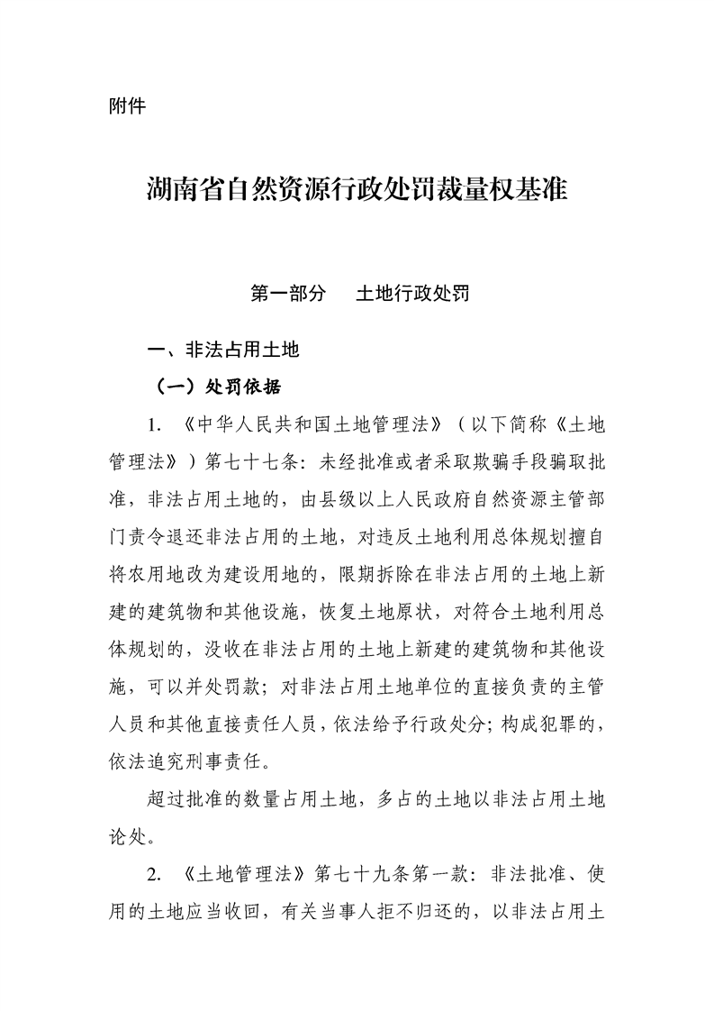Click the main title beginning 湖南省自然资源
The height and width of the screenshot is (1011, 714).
(x=357, y=191)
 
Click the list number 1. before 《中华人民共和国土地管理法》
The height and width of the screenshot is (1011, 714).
(x=156, y=424)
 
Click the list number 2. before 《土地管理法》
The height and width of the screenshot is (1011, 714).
(x=156, y=873)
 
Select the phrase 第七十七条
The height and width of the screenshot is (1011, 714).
(x=255, y=461)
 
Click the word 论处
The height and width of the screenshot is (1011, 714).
(x=122, y=836)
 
